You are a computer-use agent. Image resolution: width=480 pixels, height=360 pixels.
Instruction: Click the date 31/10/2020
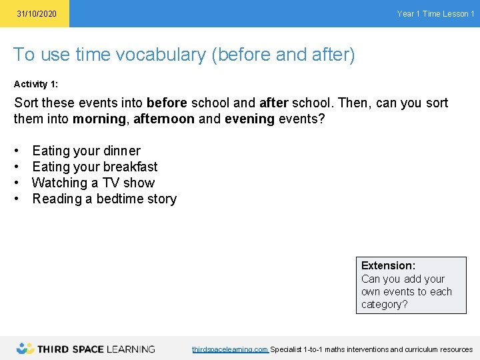click(37, 14)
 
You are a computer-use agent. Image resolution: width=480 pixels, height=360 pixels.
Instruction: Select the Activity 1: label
click(40, 84)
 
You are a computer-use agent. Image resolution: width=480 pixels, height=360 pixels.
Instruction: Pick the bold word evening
click(250, 119)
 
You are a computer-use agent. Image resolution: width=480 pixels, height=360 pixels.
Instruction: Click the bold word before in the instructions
click(167, 103)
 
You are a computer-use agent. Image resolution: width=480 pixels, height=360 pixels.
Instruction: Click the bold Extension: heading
click(388, 265)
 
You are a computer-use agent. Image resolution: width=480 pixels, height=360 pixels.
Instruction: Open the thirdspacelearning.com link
click(230, 349)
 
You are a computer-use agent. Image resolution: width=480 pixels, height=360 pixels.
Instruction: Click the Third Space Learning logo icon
click(26, 348)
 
